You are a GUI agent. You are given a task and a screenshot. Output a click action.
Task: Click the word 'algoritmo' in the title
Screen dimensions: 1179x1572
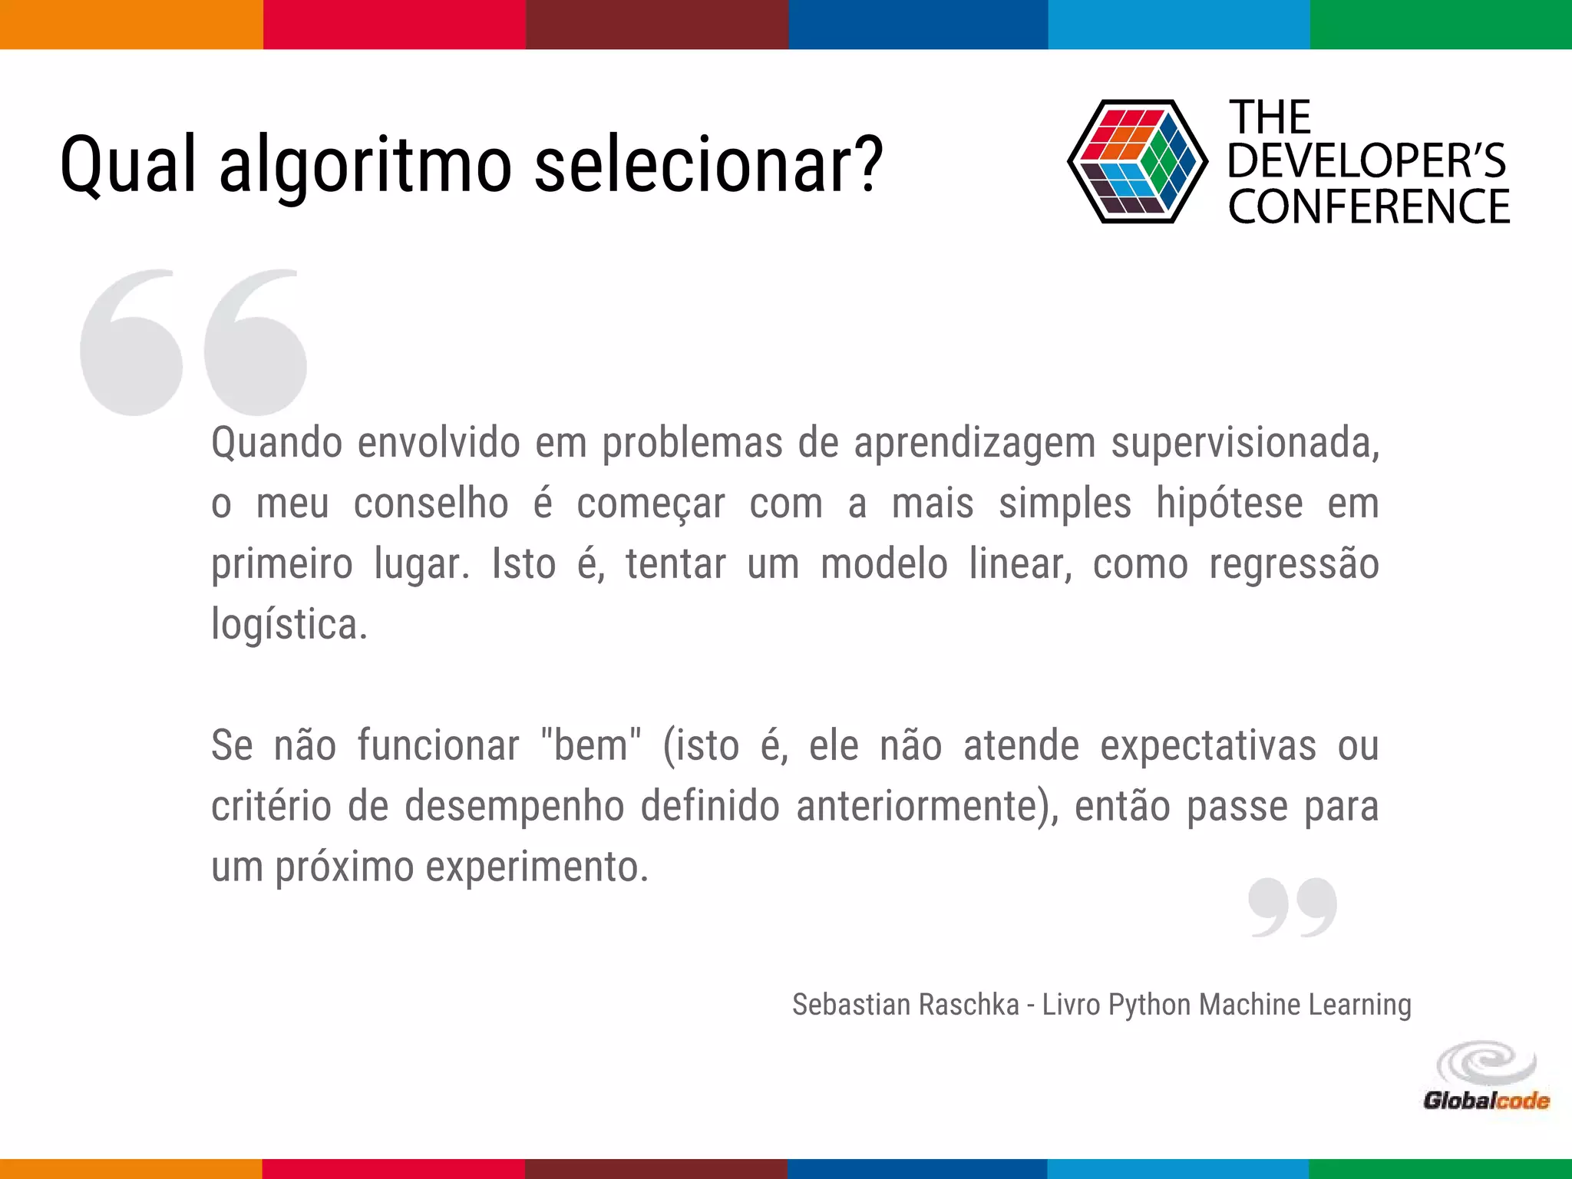(365, 166)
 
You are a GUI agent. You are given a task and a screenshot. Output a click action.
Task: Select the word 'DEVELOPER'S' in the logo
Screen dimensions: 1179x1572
(1367, 161)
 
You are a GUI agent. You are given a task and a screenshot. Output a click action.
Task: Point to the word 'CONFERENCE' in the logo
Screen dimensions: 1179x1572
(1369, 207)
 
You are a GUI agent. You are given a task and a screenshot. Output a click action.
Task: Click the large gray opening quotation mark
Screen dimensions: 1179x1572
(193, 343)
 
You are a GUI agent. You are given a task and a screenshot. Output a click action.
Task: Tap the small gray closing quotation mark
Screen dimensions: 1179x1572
(1293, 907)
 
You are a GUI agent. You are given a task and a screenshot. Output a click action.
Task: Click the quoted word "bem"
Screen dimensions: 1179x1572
(590, 745)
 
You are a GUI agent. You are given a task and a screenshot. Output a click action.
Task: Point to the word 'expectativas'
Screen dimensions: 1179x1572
(1208, 745)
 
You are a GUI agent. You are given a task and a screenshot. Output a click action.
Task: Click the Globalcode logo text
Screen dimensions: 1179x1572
(1486, 1101)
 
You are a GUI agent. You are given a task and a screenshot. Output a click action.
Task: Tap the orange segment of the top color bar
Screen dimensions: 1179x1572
(131, 25)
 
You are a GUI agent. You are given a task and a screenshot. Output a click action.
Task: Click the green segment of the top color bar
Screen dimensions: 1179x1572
(1441, 25)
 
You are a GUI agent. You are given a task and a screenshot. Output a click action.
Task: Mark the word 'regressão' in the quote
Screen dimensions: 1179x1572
(1294, 565)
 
